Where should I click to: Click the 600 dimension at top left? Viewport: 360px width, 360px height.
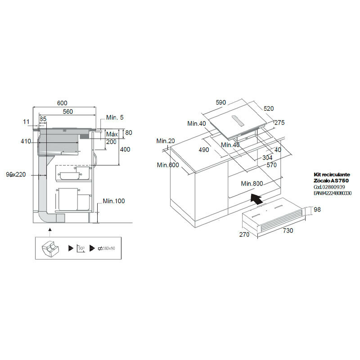tap(63, 103)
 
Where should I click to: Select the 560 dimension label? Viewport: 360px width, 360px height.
tap(68, 111)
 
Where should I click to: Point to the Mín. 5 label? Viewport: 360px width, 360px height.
tap(115, 117)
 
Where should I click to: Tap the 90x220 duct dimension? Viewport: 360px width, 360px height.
tap(17, 174)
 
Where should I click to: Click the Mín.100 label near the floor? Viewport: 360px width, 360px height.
tap(113, 201)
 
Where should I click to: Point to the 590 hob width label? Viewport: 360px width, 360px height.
tap(220, 103)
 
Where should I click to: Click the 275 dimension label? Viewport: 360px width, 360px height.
tap(279, 122)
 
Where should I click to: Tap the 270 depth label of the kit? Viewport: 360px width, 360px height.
tap(244, 234)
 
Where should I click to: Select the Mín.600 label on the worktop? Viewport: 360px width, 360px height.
tap(168, 165)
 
